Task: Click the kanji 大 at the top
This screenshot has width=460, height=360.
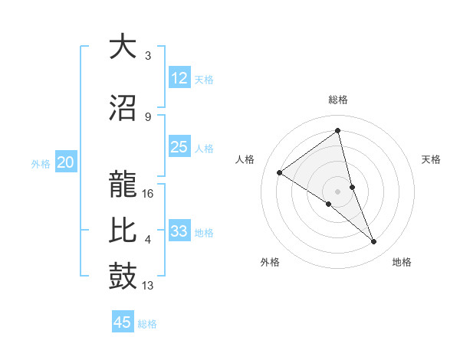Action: (123, 47)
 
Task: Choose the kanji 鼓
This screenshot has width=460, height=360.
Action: (123, 277)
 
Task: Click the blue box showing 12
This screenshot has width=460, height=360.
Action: (179, 77)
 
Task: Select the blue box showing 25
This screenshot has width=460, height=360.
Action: (179, 147)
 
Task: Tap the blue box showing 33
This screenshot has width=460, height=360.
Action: (179, 231)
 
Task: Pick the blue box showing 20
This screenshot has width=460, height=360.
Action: (66, 162)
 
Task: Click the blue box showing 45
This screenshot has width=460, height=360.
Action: (123, 322)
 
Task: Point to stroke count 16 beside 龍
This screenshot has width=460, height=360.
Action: (149, 194)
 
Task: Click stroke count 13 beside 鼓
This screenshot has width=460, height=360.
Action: (149, 286)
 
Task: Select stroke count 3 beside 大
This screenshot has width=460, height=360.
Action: (148, 56)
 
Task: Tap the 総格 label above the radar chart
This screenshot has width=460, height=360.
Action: (338, 100)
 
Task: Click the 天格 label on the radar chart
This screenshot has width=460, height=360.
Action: (432, 159)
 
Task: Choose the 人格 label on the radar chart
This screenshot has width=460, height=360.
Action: (245, 159)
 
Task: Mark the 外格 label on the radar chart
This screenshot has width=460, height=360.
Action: (270, 262)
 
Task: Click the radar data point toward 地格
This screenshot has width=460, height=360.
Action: (374, 242)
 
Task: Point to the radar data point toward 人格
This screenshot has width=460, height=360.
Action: (280, 172)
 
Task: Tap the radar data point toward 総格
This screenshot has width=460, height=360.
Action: (338, 130)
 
